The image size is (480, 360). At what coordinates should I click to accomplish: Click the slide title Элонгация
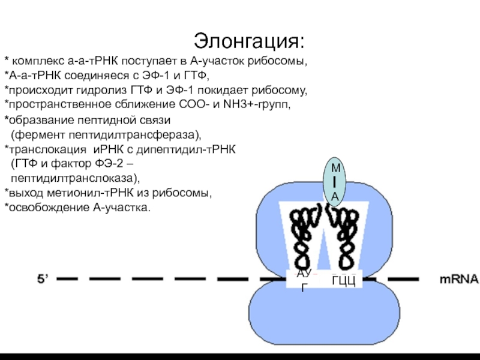pyautogui.click(x=249, y=41)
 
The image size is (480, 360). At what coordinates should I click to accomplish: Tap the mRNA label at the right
pyautogui.click(x=459, y=279)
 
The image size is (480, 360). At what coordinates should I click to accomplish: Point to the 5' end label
pyautogui.click(x=43, y=279)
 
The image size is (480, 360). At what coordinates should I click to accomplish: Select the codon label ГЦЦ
pyautogui.click(x=343, y=280)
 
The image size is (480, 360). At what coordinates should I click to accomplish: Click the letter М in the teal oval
pyautogui.click(x=336, y=168)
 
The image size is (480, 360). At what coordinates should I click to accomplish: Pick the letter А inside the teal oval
pyautogui.click(x=335, y=197)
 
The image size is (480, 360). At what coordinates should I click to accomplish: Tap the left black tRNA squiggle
pyautogui.click(x=304, y=236)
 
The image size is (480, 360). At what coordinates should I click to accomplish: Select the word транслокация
pyautogui.click(x=48, y=149)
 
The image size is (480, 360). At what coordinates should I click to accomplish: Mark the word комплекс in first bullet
pyautogui.click(x=38, y=62)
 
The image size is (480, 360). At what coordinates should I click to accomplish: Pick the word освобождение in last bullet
pyautogui.click(x=49, y=208)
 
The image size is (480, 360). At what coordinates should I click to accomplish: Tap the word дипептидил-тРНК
pyautogui.click(x=186, y=149)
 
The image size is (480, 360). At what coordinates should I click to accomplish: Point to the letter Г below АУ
pyautogui.click(x=304, y=288)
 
